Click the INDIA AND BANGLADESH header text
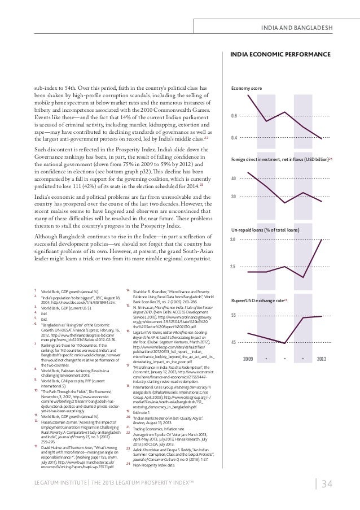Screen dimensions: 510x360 tap(301, 28)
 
